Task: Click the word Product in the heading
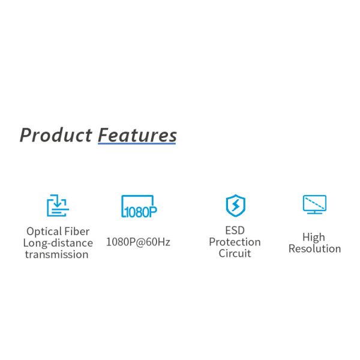56,135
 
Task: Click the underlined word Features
137,135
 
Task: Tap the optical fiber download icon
58,206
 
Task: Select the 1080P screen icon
139,206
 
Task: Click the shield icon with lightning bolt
235,205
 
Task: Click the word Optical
44,232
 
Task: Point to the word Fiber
77,231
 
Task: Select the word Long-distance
58,243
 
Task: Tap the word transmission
57,254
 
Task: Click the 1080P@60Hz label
138,242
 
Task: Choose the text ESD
235,230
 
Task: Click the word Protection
235,242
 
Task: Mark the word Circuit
235,253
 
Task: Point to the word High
314,237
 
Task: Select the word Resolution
314,248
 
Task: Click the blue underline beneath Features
137,145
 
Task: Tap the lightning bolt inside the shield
235,205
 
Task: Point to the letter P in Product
26,135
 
